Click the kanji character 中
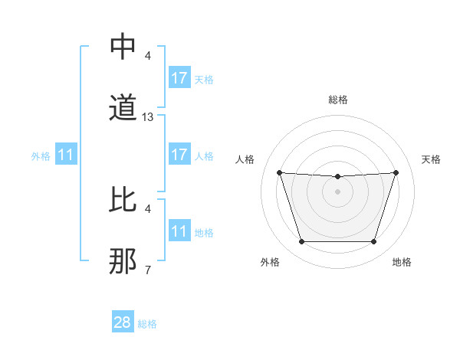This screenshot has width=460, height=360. (123, 47)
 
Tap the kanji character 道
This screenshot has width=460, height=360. (123, 108)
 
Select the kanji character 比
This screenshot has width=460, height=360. (123, 199)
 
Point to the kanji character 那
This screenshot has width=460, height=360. (123, 260)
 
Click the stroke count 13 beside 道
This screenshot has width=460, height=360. (148, 117)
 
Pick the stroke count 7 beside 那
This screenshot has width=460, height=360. (148, 270)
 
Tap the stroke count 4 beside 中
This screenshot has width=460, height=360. (148, 56)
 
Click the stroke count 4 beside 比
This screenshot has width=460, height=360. (148, 208)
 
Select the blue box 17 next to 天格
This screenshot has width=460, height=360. (179, 78)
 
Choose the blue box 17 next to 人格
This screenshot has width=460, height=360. (179, 155)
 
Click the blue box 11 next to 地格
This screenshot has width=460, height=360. (179, 231)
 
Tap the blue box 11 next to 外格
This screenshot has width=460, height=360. (66, 155)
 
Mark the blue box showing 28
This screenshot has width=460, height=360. (123, 322)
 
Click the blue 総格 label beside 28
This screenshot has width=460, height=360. (147, 324)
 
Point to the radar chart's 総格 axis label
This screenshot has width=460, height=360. (338, 100)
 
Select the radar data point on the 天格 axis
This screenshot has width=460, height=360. (396, 172)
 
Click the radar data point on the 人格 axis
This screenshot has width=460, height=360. (279, 172)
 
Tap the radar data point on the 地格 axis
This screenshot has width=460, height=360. (373, 242)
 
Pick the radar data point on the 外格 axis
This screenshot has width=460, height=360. (301, 242)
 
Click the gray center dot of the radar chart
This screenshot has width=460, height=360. (337, 191)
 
